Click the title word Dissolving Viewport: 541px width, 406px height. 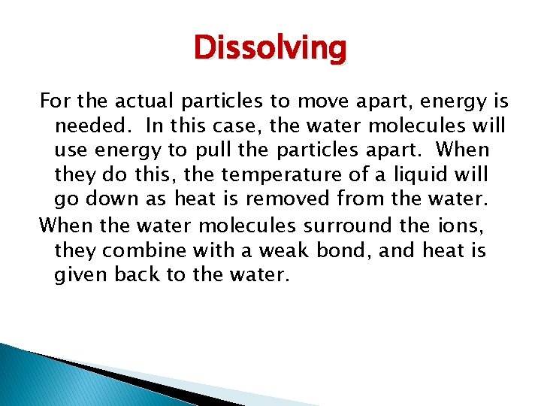pos(270,48)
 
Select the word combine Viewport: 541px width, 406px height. pos(143,250)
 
